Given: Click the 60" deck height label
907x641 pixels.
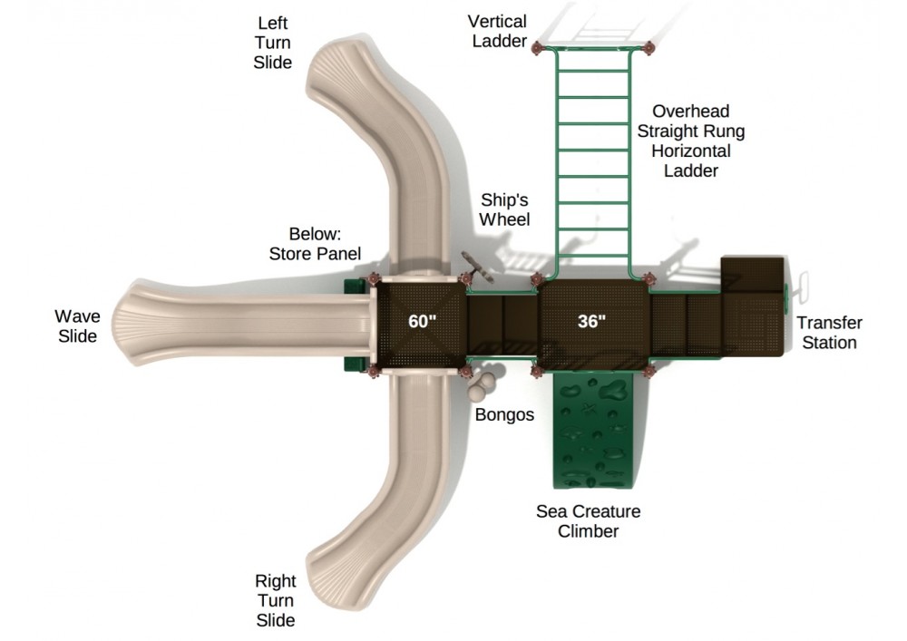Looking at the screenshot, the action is tap(422, 321).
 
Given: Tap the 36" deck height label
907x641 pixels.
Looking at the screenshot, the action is tap(591, 321).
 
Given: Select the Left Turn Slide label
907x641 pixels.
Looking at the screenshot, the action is tap(272, 43).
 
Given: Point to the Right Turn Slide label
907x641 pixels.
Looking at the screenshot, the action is tap(276, 600).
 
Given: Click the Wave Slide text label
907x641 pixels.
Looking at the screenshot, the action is tap(77, 326).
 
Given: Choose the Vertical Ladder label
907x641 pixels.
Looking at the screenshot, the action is tap(497, 31).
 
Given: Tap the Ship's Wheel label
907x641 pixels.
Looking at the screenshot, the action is tap(504, 209).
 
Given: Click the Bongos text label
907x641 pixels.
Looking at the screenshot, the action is tap(504, 414).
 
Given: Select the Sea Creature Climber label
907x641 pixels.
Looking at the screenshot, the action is tap(589, 521).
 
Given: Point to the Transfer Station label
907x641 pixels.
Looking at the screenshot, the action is tap(830, 333).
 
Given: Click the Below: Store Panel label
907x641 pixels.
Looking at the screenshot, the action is tap(316, 244).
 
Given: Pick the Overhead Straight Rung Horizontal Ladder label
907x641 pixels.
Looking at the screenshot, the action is tap(690, 141).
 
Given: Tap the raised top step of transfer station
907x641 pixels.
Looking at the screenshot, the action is tap(752, 273).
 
